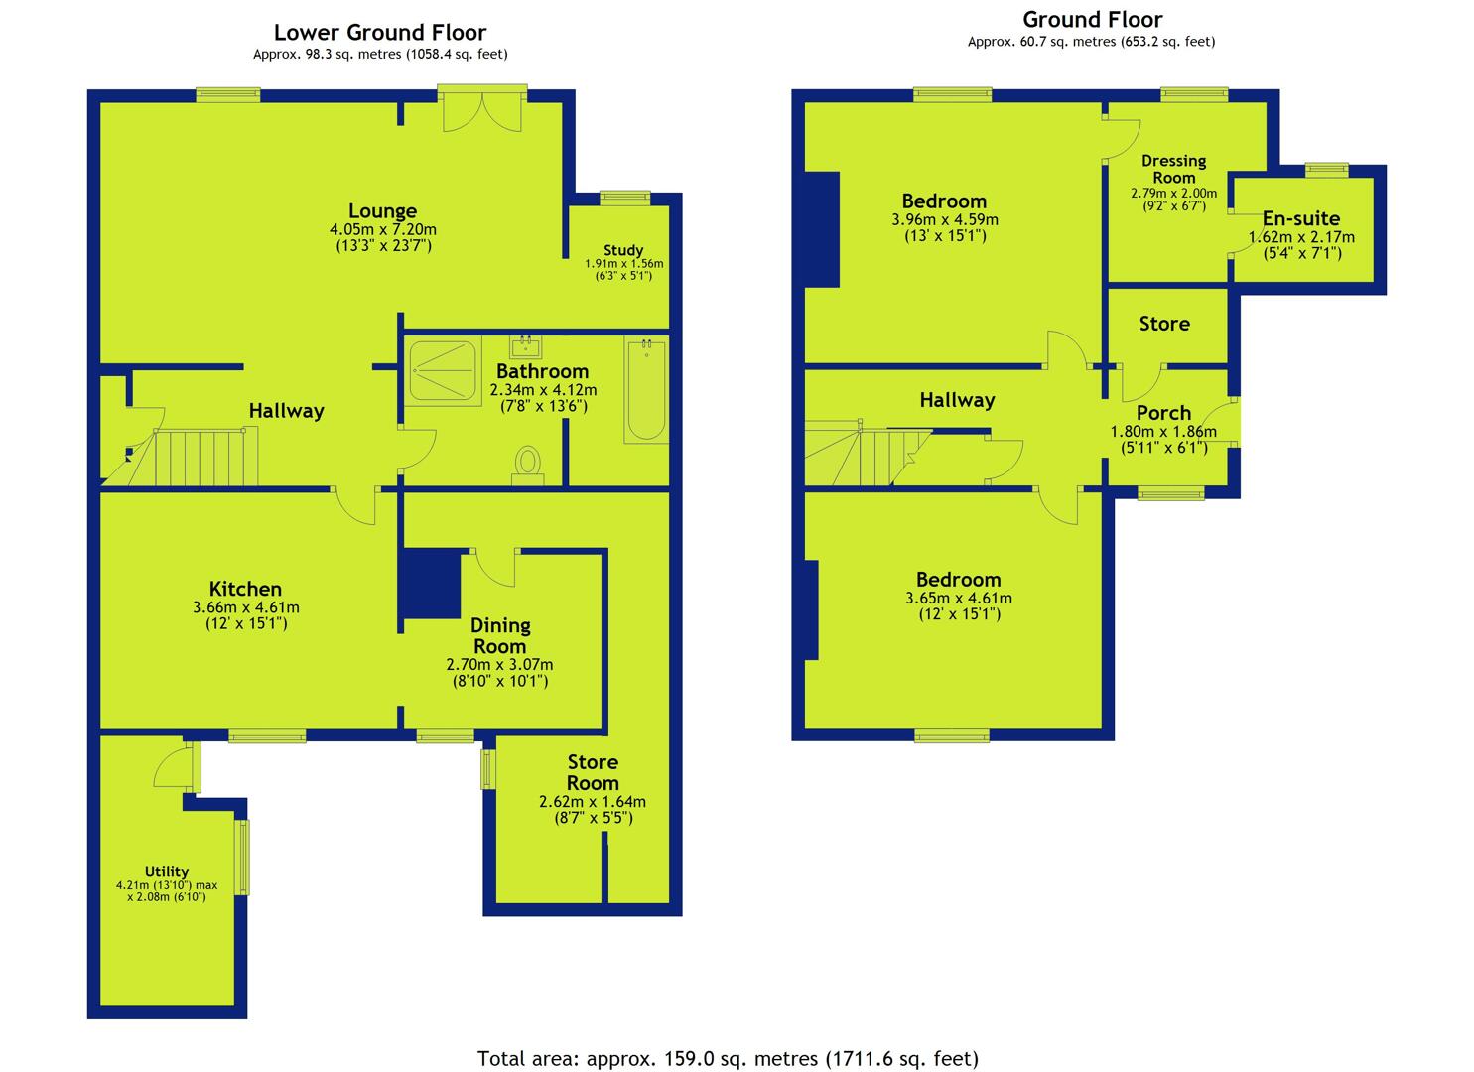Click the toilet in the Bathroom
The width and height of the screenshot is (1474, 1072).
[x=528, y=466]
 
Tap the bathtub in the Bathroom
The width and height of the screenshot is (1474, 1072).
[x=646, y=390]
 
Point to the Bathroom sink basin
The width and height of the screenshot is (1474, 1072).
[x=525, y=346]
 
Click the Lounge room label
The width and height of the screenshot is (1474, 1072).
[x=382, y=211]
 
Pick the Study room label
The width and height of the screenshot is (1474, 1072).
[x=623, y=250]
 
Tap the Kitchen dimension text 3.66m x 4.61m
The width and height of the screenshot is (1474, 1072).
[x=245, y=606]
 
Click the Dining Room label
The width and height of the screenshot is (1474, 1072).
[x=500, y=635]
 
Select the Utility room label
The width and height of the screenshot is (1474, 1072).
[x=167, y=871]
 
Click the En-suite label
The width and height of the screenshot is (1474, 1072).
[x=1301, y=218]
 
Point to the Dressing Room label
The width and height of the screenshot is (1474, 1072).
[x=1174, y=169]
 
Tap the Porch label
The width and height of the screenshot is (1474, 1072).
[x=1163, y=413]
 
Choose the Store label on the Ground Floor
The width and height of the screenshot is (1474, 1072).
[x=1164, y=324]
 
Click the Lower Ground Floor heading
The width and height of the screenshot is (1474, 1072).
[x=380, y=32]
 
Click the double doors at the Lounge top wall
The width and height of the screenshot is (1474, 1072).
[x=482, y=107]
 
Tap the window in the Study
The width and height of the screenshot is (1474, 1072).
[x=624, y=199]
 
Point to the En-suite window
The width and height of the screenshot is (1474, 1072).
[x=1326, y=170]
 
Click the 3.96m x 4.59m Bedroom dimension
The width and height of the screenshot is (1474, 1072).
[x=944, y=219]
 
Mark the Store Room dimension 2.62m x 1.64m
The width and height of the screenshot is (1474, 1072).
[x=593, y=802]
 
